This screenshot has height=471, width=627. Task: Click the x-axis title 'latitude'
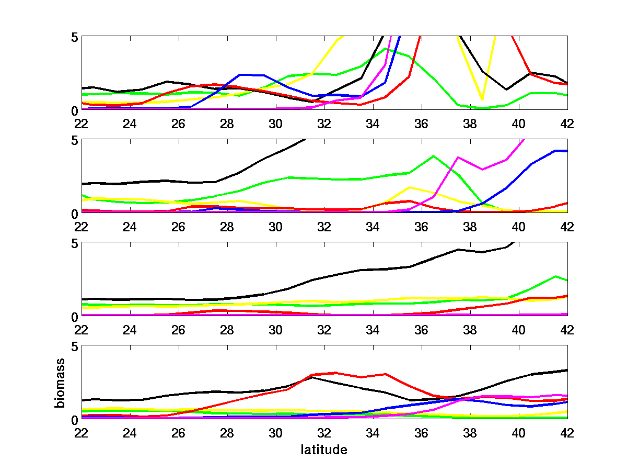[324, 450]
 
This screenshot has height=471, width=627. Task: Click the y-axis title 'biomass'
[62, 383]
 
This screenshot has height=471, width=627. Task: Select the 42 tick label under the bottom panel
[567, 434]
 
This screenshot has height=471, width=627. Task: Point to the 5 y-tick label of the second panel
[75, 140]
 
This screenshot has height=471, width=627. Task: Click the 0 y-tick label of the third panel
[75, 316]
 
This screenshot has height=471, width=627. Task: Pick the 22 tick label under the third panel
[81, 330]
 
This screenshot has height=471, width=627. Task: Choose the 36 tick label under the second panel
[421, 227]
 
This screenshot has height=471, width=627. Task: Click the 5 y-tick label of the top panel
[75, 37]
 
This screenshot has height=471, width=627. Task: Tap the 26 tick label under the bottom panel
[178, 434]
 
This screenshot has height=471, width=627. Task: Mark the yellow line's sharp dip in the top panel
[482, 99]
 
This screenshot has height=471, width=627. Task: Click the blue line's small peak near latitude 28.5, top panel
[239, 75]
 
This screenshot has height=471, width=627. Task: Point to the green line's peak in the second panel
[434, 156]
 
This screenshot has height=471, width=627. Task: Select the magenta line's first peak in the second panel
[458, 157]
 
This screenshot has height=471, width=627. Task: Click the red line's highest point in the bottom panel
[336, 373]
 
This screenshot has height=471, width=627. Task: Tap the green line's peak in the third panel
[555, 276]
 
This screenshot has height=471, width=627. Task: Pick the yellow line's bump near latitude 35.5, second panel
[410, 187]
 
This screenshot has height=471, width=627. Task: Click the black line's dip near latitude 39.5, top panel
[506, 89]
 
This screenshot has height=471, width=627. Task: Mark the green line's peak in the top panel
[385, 49]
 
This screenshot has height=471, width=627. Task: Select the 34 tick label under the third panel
[373, 330]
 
